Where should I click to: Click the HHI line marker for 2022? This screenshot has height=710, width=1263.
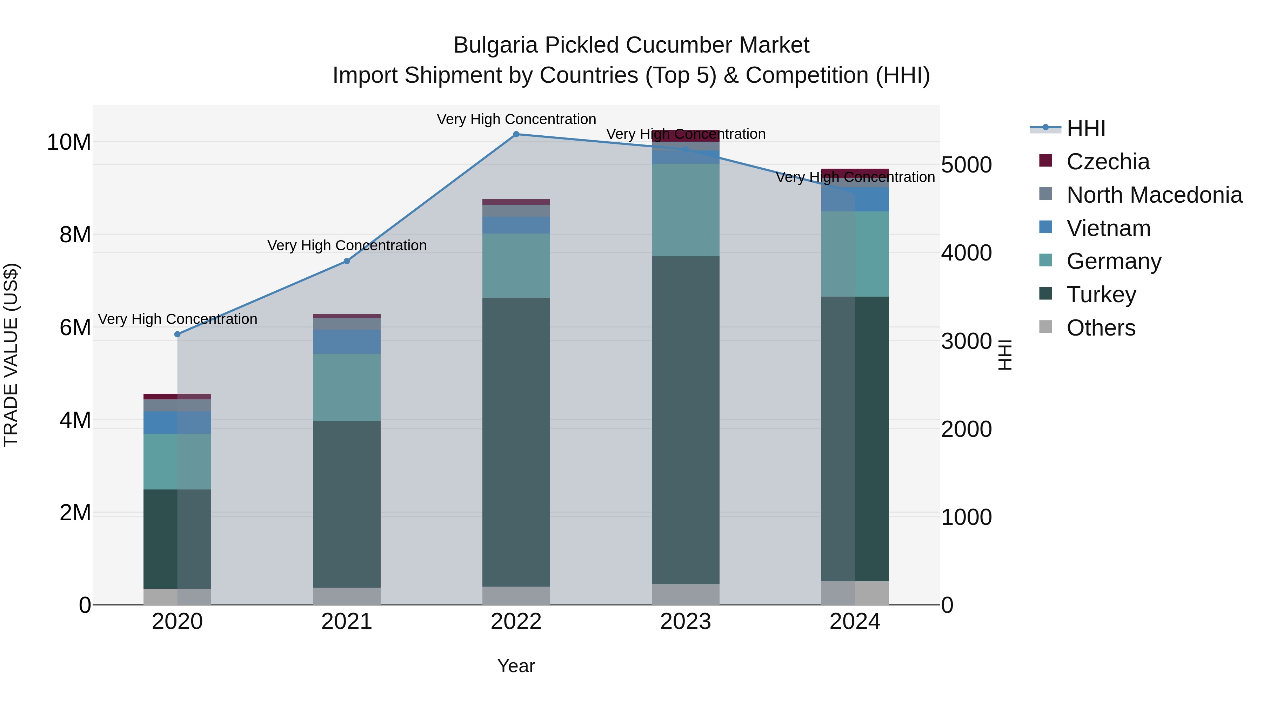click(x=516, y=134)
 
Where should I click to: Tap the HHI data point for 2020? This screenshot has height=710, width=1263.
click(x=178, y=334)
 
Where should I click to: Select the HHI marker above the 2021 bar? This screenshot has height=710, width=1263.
click(x=347, y=261)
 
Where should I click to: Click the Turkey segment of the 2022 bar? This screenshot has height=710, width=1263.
click(x=516, y=441)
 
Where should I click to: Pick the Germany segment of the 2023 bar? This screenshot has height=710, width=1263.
click(x=686, y=210)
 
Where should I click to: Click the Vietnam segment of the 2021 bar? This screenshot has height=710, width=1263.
click(x=347, y=342)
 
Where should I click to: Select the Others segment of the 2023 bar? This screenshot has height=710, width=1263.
click(x=686, y=594)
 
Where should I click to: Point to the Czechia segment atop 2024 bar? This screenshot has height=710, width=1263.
click(x=855, y=173)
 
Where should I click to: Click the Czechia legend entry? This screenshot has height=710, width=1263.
click(x=1108, y=162)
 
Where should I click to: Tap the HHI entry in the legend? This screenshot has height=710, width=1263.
click(x=1085, y=128)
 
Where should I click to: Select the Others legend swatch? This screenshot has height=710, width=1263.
click(x=1046, y=327)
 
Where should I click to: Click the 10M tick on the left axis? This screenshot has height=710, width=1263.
click(x=69, y=142)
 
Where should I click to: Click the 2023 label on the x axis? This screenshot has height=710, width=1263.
click(x=686, y=622)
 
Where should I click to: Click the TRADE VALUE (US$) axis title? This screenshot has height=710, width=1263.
click(x=11, y=355)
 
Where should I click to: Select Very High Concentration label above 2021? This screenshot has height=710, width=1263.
click(x=347, y=245)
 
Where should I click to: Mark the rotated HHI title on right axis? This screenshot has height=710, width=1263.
click(x=1005, y=355)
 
